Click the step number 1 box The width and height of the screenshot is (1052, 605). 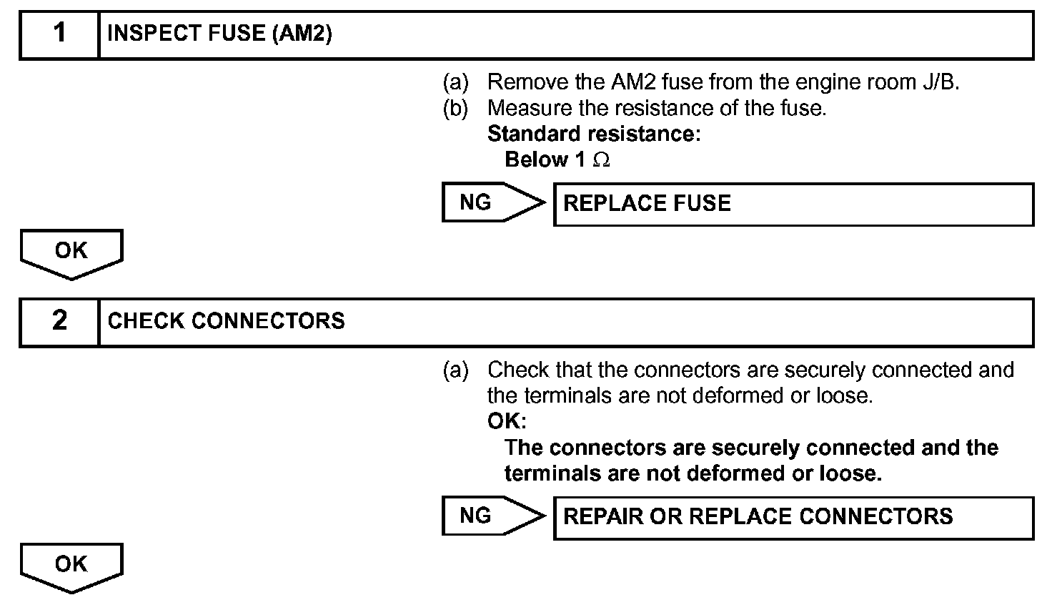tap(59, 34)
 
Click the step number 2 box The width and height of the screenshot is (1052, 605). tap(59, 322)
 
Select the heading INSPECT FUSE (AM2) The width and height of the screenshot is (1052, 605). tap(219, 34)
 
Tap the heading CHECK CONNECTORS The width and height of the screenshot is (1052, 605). tap(226, 321)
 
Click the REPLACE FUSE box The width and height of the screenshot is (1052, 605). tap(793, 205)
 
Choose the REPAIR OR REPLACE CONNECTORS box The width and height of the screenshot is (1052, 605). tap(793, 517)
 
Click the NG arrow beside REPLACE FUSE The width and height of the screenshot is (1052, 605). tap(492, 203)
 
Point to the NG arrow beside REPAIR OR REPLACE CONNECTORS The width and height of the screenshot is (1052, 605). tap(492, 516)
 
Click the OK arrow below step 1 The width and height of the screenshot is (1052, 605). tap(71, 253)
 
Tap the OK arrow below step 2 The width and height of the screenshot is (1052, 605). tap(71, 566)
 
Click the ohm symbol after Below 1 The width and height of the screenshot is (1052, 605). tap(602, 160)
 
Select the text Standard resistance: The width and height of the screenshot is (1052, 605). tap(594, 134)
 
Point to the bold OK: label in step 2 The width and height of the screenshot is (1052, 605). tap(507, 421)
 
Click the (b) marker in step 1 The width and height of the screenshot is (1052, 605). tap(455, 109)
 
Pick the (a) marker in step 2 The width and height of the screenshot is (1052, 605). tap(455, 370)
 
